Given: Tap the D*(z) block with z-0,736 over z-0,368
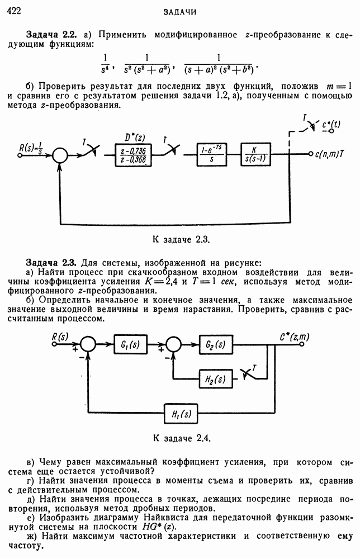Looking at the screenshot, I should pyautogui.click(x=132, y=154).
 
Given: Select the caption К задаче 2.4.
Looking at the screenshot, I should pyautogui.click(x=181, y=437).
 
